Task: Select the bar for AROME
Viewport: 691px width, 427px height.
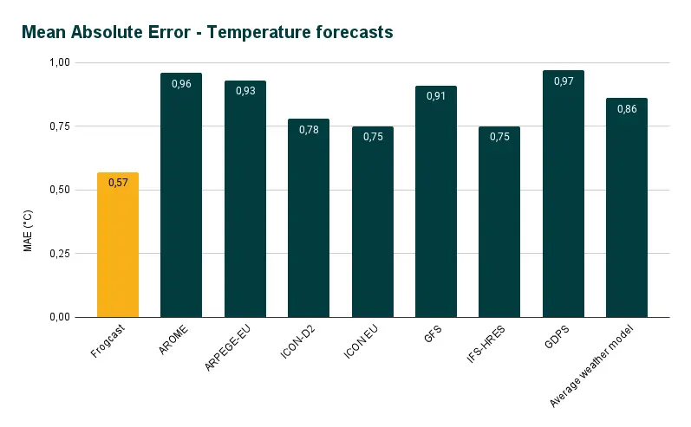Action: click(x=181, y=199)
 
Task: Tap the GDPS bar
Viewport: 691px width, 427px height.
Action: click(x=563, y=199)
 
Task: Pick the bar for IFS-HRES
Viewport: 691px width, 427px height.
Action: click(x=499, y=225)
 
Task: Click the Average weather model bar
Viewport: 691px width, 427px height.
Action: click(x=627, y=212)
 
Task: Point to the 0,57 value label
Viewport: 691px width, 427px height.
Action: click(x=118, y=182)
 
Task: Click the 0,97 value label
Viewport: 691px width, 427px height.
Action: click(x=563, y=81)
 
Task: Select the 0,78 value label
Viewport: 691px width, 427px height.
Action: click(x=309, y=130)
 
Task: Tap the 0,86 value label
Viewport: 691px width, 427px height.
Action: click(x=627, y=109)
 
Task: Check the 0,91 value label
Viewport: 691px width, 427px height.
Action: click(x=436, y=96)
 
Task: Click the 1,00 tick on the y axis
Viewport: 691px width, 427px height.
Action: click(x=60, y=63)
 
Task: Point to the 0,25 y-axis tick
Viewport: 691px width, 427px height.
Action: click(x=60, y=254)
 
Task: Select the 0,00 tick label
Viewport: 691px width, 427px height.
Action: click(x=60, y=317)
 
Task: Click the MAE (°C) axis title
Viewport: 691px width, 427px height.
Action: click(x=28, y=230)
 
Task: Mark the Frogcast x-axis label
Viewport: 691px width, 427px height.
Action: click(x=108, y=342)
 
